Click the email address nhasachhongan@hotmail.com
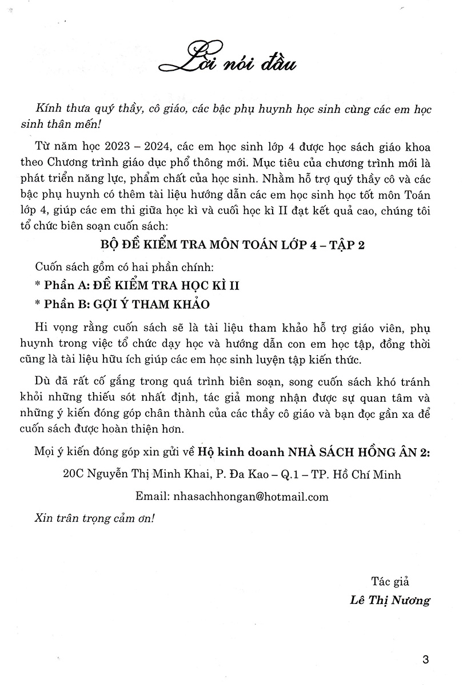251,496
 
